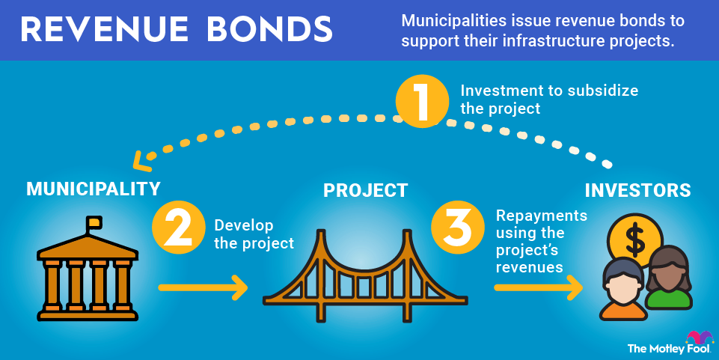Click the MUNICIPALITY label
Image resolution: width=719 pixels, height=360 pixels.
coord(94,188)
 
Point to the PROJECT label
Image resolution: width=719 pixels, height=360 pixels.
coord(366,190)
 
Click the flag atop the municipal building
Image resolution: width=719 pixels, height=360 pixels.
coord(94,223)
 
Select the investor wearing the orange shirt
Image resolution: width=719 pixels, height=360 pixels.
coord(622,289)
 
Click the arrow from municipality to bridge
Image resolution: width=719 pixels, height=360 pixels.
coord(202,286)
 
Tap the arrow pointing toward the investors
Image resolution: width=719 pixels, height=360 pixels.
coord(538,286)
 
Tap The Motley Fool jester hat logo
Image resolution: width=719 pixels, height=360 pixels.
coord(699,336)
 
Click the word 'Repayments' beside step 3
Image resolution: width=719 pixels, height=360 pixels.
coord(542,216)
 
